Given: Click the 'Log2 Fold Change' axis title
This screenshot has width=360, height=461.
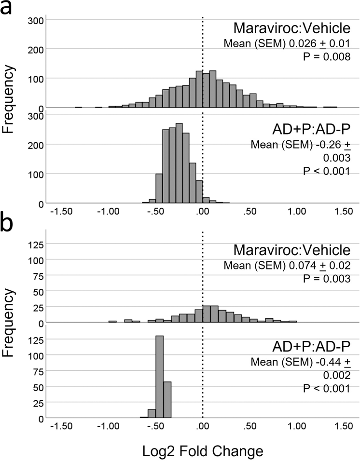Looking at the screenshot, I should (x=202, y=451).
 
